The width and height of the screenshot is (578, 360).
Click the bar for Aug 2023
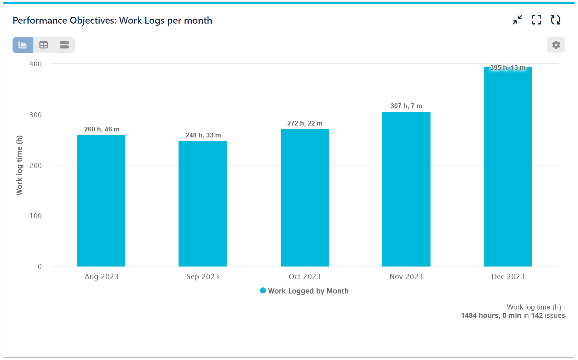[101, 201]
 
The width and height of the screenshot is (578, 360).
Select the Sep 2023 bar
[203, 204]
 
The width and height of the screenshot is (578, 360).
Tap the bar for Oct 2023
[305, 198]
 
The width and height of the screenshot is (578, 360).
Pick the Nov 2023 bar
[406, 189]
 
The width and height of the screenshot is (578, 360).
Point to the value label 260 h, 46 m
[102, 129]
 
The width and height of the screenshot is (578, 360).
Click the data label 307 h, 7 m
[406, 106]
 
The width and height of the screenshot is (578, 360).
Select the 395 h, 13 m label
[508, 68]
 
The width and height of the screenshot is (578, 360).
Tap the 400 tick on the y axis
[36, 64]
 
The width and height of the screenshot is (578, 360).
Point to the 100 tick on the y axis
[36, 216]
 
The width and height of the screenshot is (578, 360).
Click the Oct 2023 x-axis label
[305, 277]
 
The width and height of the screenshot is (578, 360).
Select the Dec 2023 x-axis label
[508, 277]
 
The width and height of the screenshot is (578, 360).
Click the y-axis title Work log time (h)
[19, 165]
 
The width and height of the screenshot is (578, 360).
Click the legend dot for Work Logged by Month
[263, 291]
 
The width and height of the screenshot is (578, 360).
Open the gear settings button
[556, 45]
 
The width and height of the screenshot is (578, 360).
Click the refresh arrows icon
[556, 20]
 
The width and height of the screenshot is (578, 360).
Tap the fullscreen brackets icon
[537, 20]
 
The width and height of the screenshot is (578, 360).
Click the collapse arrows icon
[517, 20]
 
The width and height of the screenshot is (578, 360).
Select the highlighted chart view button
[23, 45]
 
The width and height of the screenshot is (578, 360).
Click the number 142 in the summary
[537, 315]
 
